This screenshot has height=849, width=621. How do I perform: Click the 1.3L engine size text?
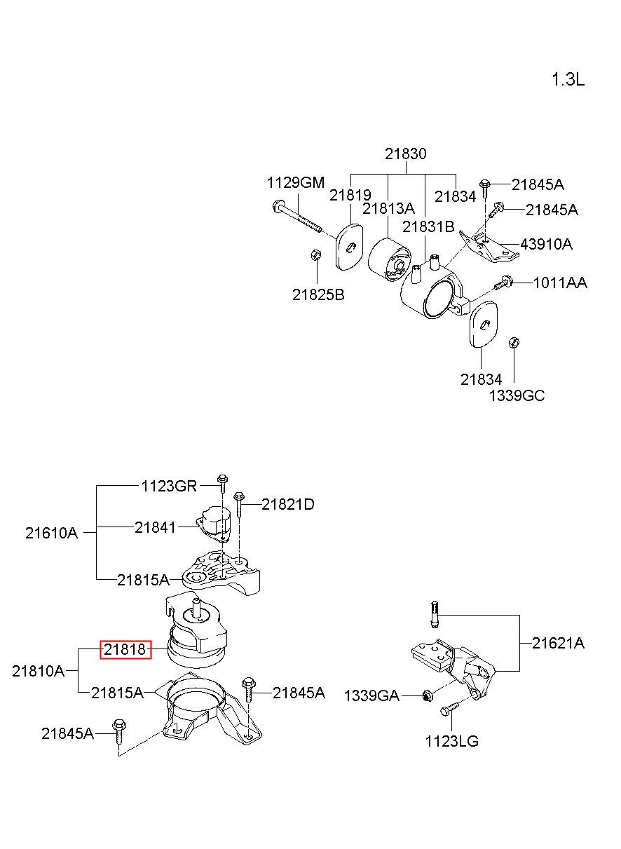pos(568,80)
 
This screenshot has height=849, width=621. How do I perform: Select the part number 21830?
pos(405,154)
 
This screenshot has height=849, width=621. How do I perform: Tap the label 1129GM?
pos(296,183)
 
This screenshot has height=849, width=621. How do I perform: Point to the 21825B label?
pos(318,294)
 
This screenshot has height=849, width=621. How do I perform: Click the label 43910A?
pos(546,244)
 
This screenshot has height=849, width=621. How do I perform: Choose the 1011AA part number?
pos(560,283)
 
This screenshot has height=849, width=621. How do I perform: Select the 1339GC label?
pos(517,395)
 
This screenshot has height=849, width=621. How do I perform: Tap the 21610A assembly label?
pos(52,534)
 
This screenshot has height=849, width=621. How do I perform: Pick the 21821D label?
pos(288,504)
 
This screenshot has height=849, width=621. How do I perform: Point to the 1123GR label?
pos(169,486)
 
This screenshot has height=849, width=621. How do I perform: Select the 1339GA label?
pos(371,696)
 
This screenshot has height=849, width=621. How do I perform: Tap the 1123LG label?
pos(451,741)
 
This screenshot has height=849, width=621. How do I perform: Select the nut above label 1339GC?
pos(514,343)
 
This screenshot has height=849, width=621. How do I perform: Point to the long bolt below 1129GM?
pos(298,217)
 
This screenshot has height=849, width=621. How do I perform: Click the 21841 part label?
pos(156,528)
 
